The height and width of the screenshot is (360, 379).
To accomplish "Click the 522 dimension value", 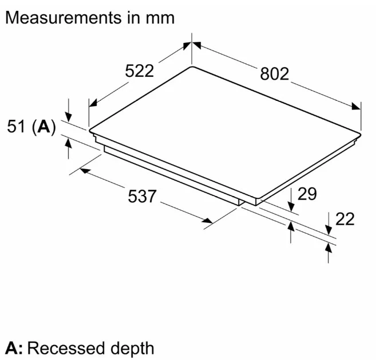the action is (x=140, y=71).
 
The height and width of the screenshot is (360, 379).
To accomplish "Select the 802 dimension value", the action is (x=275, y=73).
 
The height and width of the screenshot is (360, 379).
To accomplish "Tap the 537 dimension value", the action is (x=142, y=196).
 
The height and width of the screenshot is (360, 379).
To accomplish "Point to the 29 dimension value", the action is (x=307, y=194).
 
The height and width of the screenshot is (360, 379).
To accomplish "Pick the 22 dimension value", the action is (x=345, y=219).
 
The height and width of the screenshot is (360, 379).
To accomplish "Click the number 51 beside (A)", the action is (x=16, y=126).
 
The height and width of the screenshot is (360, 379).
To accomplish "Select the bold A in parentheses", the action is (x=44, y=126).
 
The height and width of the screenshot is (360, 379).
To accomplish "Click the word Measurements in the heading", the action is (x=64, y=18).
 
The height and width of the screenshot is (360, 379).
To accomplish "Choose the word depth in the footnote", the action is (x=132, y=349).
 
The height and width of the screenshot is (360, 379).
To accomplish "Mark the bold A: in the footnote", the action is (x=14, y=349).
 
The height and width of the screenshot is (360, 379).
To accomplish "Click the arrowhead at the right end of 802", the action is (x=356, y=106).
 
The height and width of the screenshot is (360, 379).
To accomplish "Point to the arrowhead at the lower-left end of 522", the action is (x=93, y=103).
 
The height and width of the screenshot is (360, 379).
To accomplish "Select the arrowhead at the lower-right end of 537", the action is (x=207, y=220).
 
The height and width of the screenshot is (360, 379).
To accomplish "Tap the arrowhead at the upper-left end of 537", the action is (x=85, y=170).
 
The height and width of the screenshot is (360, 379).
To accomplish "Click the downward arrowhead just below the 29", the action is (x=291, y=207).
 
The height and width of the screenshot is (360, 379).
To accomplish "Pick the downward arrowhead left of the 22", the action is (x=328, y=230).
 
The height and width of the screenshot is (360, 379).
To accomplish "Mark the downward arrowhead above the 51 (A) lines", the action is (x=68, y=117).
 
